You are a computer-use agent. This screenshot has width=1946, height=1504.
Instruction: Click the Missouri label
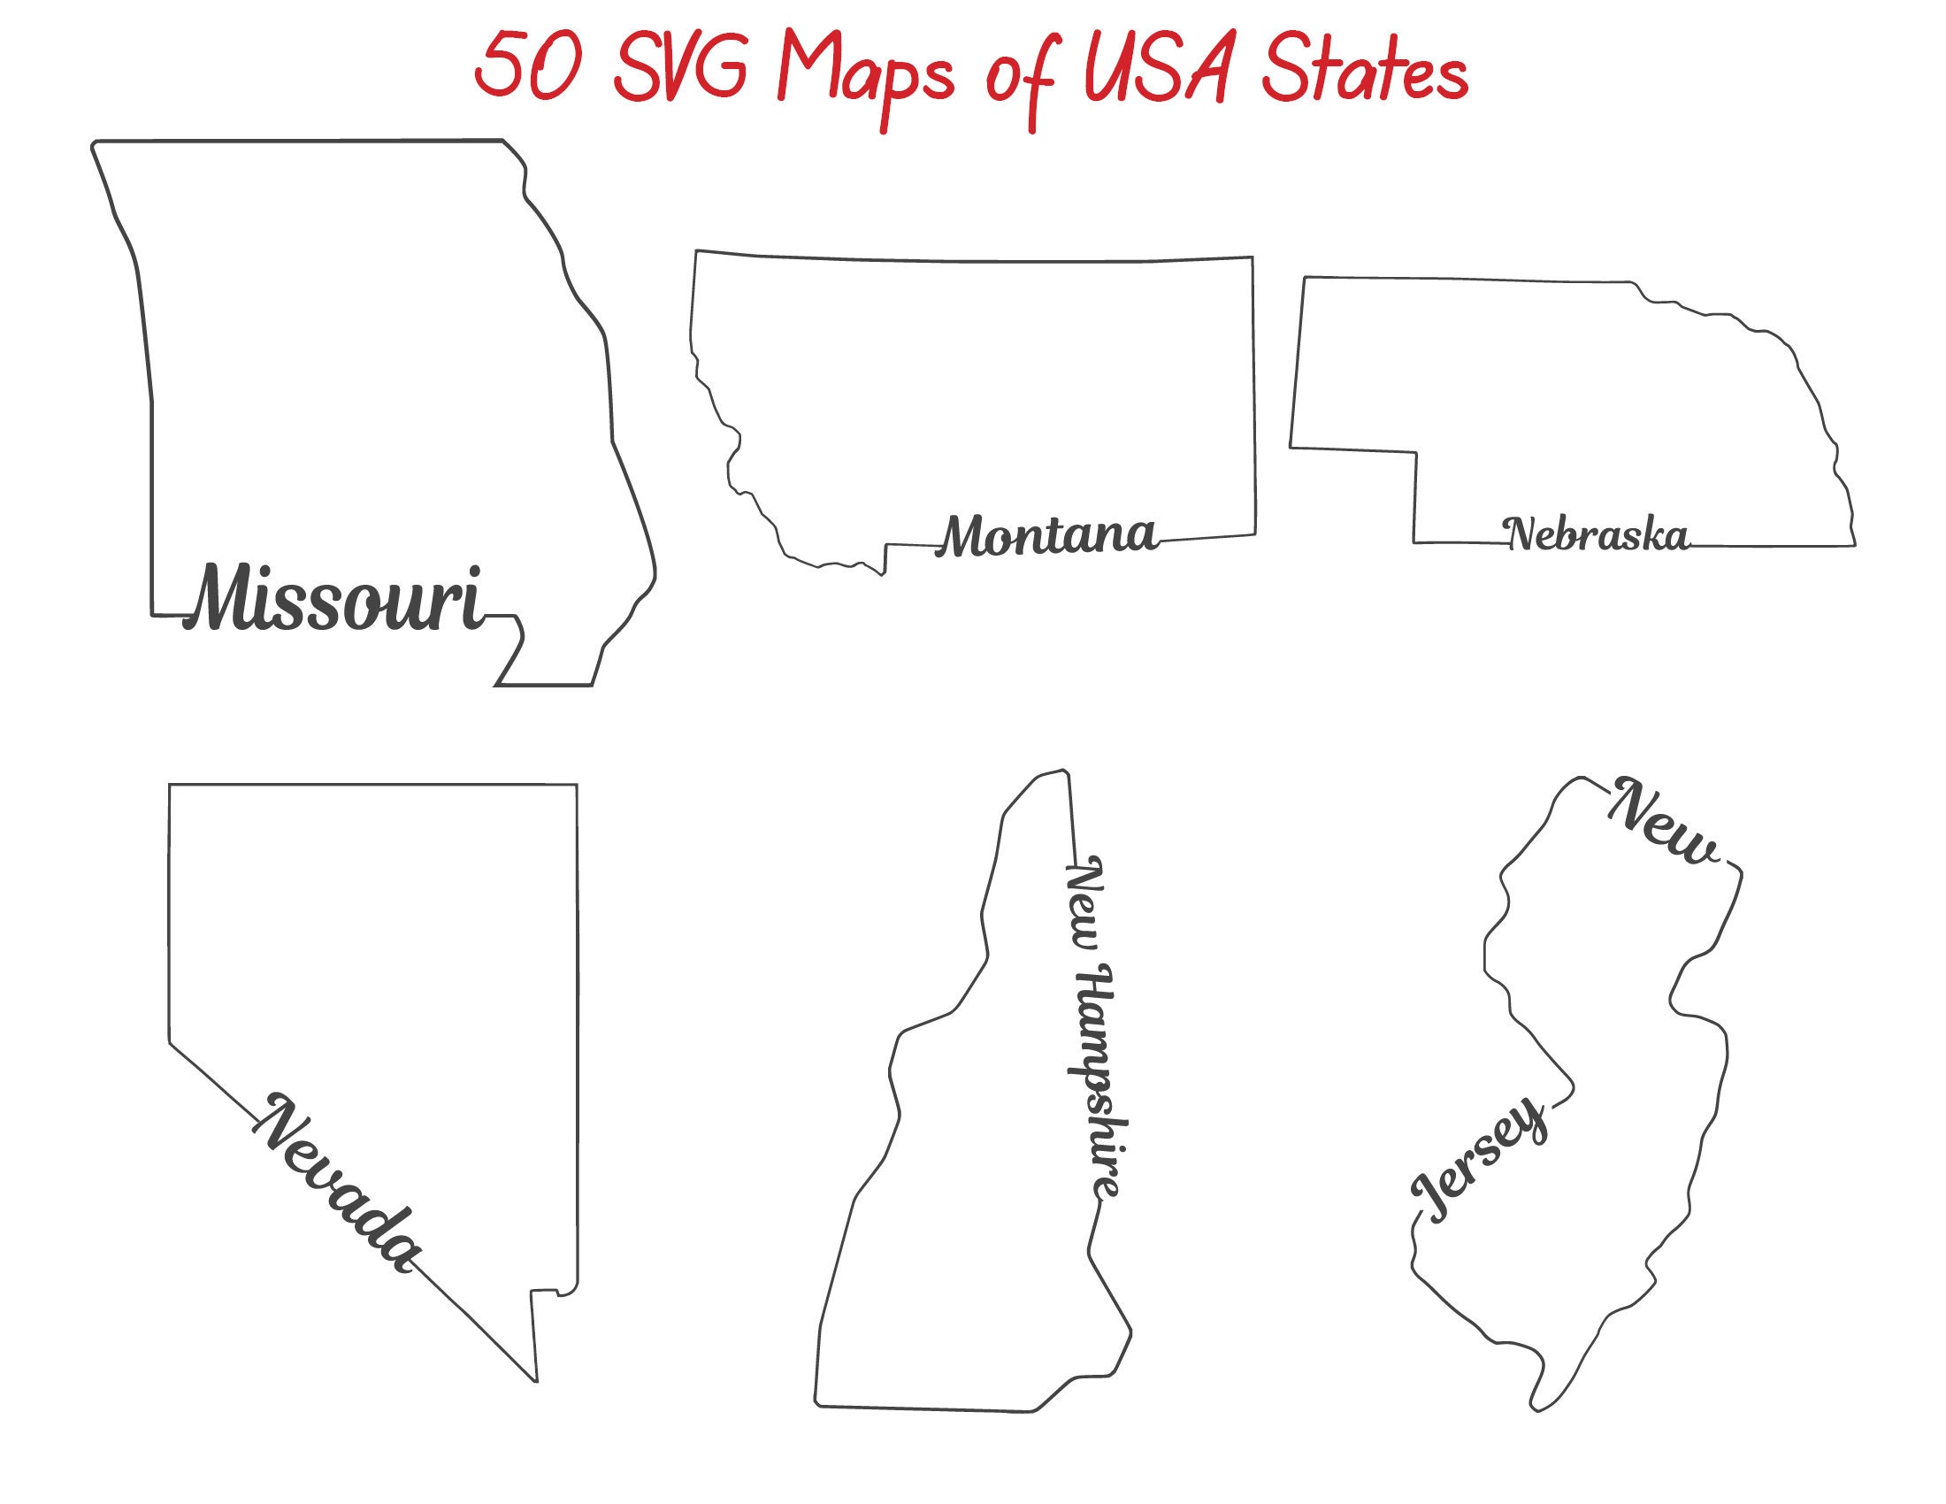[335, 599]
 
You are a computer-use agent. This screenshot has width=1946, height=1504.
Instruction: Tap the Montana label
[1048, 536]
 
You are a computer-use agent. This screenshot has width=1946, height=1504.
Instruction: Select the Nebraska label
[1596, 534]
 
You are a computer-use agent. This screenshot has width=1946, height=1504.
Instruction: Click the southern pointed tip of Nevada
[535, 1380]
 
